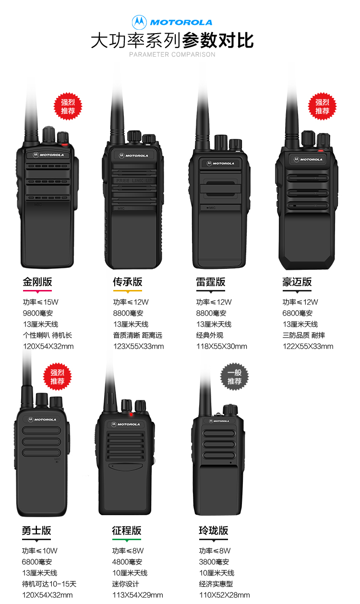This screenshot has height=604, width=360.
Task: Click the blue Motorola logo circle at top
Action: [139, 22]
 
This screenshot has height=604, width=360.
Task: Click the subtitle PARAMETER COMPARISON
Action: [172, 54]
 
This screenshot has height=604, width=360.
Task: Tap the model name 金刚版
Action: [37, 282]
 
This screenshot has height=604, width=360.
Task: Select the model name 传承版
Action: [128, 282]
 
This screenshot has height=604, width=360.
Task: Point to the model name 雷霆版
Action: [211, 282]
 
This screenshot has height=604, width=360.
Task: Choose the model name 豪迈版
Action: [297, 282]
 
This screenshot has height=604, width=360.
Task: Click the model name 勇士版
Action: [36, 531]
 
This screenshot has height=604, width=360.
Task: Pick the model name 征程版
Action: [127, 531]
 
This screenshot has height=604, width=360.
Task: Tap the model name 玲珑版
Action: [214, 531]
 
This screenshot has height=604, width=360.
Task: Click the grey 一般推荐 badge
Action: [234, 377]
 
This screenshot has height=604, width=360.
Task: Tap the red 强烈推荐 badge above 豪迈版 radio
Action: [322, 107]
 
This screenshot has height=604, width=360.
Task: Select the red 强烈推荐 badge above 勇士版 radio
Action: [57, 377]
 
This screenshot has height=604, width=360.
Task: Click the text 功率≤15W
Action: [40, 302]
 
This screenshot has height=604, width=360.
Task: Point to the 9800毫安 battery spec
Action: [38, 313]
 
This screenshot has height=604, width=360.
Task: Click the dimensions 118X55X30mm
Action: [222, 346]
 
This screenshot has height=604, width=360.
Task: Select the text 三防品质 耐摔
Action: [304, 335]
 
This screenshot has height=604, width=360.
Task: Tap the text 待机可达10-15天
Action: [49, 584]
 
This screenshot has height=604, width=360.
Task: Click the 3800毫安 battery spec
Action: [214, 562]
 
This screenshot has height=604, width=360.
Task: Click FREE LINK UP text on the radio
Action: [134, 181]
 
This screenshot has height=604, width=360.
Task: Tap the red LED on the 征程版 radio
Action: [131, 414]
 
